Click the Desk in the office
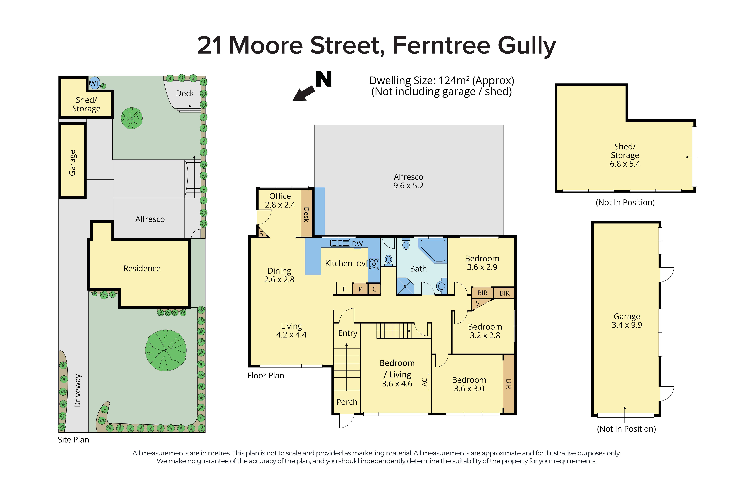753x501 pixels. [306, 213]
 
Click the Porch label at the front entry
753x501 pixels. [347, 402]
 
